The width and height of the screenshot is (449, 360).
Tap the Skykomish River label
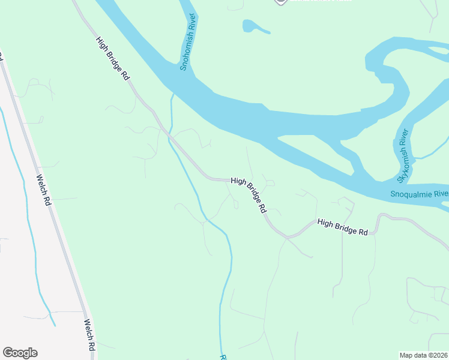click(x=403, y=156)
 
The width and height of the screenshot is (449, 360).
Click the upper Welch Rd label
click(x=44, y=191)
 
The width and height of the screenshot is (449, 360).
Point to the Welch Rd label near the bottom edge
click(x=89, y=335)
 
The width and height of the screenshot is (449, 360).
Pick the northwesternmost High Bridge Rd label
click(x=113, y=58)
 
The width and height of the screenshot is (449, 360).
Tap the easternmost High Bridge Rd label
click(x=342, y=227)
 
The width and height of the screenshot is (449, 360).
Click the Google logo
click(x=20, y=353)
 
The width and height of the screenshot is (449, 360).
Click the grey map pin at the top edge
click(x=280, y=2)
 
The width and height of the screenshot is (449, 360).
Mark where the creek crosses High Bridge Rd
click(x=170, y=136)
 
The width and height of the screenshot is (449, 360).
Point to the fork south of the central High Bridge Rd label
click(x=287, y=238)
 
